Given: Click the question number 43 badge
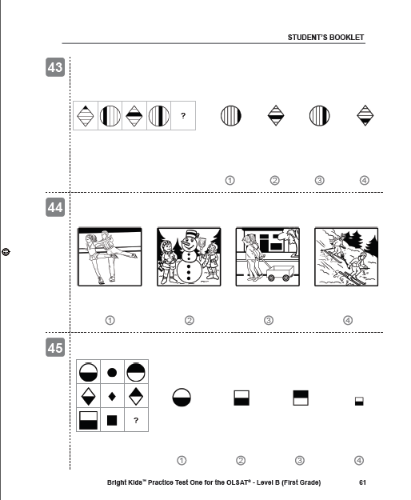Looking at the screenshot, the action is [x=55, y=67].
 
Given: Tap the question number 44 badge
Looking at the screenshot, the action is [x=55, y=207].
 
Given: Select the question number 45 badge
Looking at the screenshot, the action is [x=55, y=347].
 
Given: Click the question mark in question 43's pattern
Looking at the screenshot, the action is [x=183, y=116].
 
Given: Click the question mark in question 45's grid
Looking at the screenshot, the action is [x=136, y=420].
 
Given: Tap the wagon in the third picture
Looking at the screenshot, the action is [x=281, y=273].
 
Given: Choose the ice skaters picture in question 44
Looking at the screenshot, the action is [x=110, y=257].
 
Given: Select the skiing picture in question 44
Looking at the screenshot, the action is [x=346, y=257].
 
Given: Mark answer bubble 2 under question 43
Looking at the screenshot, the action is [x=274, y=180].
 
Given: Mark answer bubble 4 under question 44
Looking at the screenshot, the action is [x=348, y=320].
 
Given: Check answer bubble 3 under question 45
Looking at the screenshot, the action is [x=300, y=460].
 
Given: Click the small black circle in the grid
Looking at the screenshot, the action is [x=112, y=372].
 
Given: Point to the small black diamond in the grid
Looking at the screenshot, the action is [x=112, y=396].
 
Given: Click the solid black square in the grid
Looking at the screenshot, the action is [x=112, y=420].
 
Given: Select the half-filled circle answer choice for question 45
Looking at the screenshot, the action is [x=182, y=397].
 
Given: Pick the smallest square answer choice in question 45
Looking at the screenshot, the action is [x=359, y=401].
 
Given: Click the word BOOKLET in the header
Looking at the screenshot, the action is [x=347, y=37].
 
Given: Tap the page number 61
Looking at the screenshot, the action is [x=362, y=482].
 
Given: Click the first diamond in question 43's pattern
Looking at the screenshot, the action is [x=85, y=116].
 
